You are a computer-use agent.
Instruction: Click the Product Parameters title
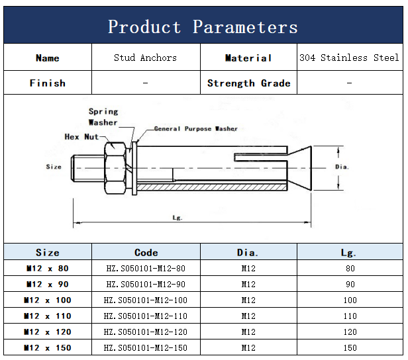(203, 27)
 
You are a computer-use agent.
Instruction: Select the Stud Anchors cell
(145, 58)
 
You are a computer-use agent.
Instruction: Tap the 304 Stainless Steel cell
(349, 58)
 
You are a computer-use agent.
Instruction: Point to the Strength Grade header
(248, 83)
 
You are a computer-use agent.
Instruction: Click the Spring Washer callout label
(103, 116)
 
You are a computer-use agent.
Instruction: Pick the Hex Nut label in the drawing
(81, 137)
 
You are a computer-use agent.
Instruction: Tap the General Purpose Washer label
(195, 129)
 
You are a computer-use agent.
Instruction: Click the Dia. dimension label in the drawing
(342, 167)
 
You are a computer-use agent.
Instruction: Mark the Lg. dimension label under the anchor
(177, 217)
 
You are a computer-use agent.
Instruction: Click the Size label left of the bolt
(54, 167)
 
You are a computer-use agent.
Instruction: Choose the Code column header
(146, 252)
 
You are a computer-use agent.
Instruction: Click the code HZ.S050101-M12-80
(146, 268)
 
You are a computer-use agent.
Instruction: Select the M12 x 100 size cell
(47, 300)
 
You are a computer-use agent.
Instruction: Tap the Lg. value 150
(350, 347)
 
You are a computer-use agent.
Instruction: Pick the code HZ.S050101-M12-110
(146, 316)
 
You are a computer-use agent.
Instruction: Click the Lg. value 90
(350, 284)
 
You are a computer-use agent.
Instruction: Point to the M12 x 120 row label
(47, 332)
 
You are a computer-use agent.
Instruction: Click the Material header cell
(248, 58)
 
